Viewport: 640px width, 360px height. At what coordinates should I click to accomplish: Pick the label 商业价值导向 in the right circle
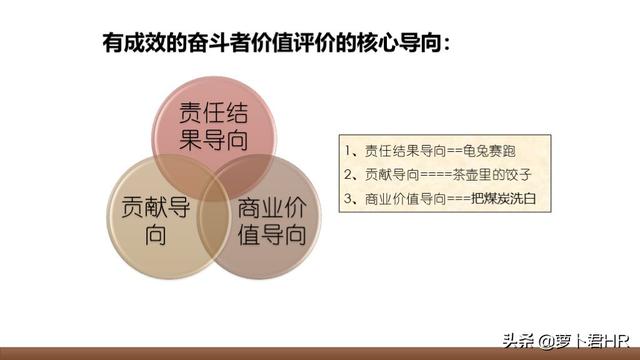(270, 223)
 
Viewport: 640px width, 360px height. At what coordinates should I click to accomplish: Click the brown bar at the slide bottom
(320, 353)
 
